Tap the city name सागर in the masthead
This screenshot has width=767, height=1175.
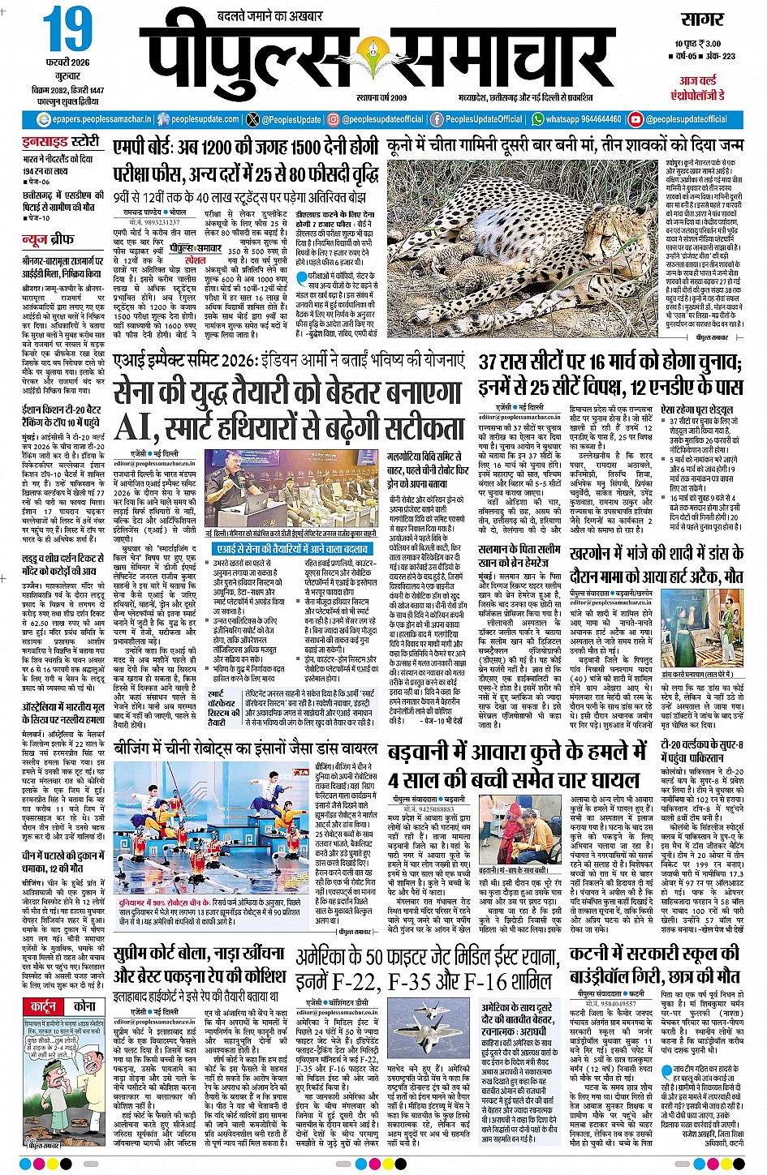[x=702, y=19]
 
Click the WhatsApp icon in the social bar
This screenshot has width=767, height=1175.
[x=537, y=119]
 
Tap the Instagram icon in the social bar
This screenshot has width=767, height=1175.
[x=333, y=119]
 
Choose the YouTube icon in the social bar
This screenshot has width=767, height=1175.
[x=636, y=119]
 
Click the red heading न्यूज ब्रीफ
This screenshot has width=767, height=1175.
[x=48, y=239]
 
